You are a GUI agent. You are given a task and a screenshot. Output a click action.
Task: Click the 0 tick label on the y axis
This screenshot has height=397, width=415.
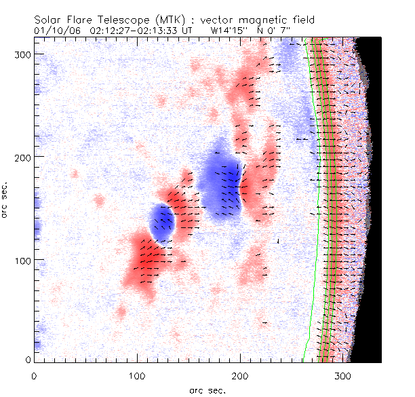(27, 359)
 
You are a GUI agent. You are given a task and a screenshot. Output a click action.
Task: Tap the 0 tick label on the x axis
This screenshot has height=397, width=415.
(34, 375)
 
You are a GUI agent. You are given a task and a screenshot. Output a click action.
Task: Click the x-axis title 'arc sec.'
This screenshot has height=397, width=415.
(207, 390)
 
